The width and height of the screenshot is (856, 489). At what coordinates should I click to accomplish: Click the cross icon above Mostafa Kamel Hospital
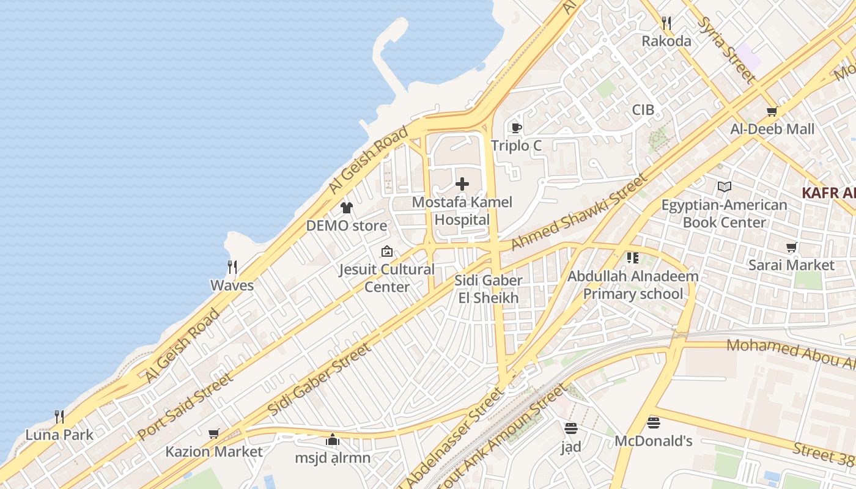[462, 184]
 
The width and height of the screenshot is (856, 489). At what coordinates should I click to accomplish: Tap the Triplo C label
[516, 145]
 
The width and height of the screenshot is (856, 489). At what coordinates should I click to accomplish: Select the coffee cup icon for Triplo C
[516, 128]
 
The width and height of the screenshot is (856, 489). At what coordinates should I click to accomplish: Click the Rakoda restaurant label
[666, 41]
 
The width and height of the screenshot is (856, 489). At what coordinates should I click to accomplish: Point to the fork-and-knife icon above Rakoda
[666, 24]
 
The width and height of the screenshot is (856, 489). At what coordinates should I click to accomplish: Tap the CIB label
[643, 110]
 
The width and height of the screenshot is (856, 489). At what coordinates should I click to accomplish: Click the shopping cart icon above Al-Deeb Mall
[772, 112]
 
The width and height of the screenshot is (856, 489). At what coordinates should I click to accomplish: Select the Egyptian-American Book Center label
[724, 213]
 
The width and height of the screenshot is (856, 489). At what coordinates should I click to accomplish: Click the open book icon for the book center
[724, 187]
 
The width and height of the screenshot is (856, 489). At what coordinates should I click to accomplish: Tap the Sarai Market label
[791, 265]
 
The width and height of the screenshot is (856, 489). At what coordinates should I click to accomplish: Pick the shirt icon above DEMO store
[347, 208]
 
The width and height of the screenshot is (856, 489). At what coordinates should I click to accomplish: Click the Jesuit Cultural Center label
[387, 278]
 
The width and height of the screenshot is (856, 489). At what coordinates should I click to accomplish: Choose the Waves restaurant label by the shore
[232, 285]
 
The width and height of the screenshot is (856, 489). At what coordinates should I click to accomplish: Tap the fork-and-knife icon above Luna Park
[59, 417]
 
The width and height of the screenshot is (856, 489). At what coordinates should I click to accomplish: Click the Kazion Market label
[213, 452]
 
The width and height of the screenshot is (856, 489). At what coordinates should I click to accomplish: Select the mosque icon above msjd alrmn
[332, 439]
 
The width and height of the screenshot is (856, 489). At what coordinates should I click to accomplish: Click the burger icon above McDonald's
[653, 422]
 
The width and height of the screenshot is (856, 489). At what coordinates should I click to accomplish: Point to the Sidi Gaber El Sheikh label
[489, 289]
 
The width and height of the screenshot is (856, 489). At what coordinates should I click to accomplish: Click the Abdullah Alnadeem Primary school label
[633, 285]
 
